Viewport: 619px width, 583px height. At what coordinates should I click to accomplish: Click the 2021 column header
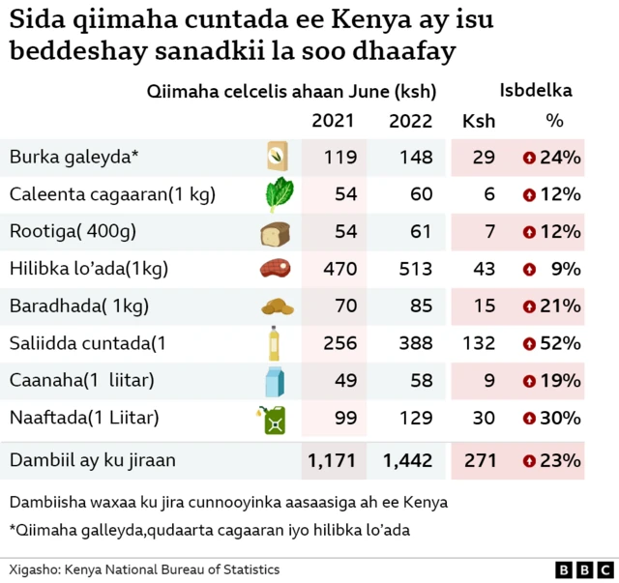332,121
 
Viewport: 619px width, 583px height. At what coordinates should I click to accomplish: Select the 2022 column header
410,121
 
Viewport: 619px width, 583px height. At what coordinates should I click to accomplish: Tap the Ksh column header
479,121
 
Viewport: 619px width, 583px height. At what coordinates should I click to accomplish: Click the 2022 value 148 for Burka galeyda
410,158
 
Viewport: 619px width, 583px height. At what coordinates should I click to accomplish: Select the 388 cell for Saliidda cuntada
410,343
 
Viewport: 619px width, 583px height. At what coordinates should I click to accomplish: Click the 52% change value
560,343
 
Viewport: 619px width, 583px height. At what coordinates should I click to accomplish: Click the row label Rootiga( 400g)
73,232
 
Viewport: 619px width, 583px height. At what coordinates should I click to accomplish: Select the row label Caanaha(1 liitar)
82,381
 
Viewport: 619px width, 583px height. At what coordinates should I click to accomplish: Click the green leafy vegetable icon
277,194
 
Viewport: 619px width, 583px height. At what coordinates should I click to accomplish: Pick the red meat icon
276,270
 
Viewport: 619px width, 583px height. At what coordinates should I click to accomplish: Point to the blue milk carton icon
276,381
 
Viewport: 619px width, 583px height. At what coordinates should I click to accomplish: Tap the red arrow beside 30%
529,419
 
